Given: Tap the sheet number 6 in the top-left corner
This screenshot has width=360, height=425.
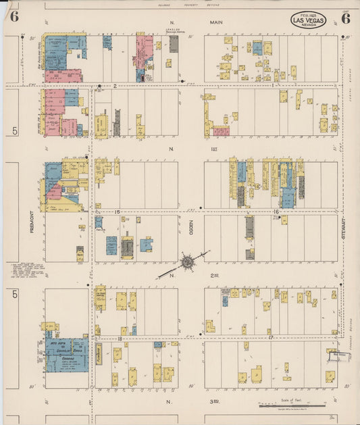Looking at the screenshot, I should point(14,17).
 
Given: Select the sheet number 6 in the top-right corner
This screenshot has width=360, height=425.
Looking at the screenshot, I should point(345,18).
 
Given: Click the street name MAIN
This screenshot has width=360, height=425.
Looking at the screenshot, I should point(216,22).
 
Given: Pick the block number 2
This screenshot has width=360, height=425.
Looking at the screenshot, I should point(115,86).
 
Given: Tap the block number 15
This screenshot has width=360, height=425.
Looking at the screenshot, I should point(117,211).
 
